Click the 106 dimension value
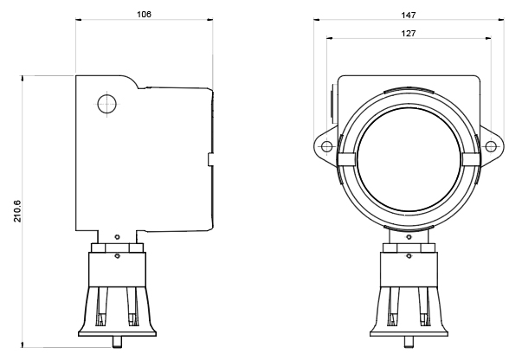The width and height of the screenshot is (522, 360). coord(144,15)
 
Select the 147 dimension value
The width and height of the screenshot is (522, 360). coord(408,15)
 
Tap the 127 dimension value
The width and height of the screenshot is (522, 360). coord(408,33)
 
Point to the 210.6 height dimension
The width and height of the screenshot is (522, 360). coord(17,211)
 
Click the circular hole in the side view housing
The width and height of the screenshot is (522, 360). coord(106,104)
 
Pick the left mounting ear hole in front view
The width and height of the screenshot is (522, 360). coord(326,146)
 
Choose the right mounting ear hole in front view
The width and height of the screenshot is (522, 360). coord(491,146)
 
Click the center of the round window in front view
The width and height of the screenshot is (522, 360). coord(409,159)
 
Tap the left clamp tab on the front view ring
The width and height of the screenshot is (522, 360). coord(346,159)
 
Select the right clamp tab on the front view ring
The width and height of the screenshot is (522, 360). coord(472,159)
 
